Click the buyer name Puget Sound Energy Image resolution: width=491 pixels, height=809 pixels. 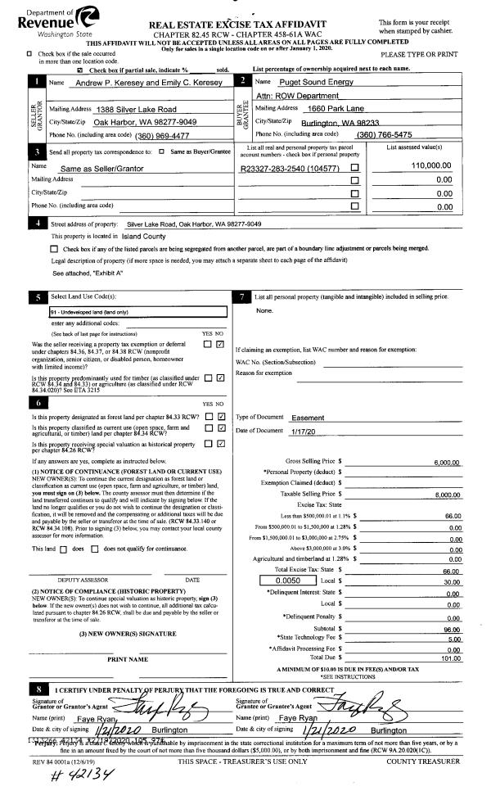296,83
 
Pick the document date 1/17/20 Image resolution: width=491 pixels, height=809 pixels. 304,431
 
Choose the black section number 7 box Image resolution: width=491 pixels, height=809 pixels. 242,296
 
